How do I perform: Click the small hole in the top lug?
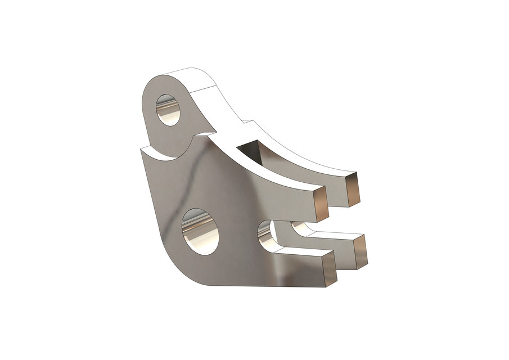coord(168,110)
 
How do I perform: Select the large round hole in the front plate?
coord(200,231)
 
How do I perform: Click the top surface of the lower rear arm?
coord(332,235)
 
